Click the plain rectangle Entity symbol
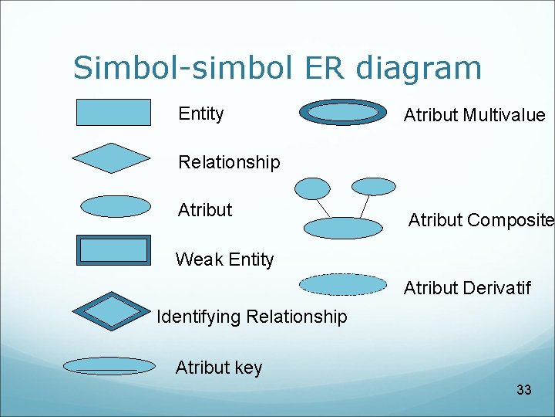click(113, 112)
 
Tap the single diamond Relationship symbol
click(111, 158)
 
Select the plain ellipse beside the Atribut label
click(116, 206)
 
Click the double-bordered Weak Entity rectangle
click(113, 250)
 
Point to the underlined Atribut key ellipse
click(109, 366)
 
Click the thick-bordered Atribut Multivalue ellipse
click(342, 113)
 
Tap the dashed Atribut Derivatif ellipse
click(342, 285)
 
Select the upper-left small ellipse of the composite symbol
click(313, 188)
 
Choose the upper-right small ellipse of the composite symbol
click(373, 186)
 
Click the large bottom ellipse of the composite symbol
click(343, 227)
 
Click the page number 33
click(524, 390)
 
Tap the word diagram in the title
click(419, 68)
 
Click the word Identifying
click(197, 317)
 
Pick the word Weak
click(199, 259)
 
